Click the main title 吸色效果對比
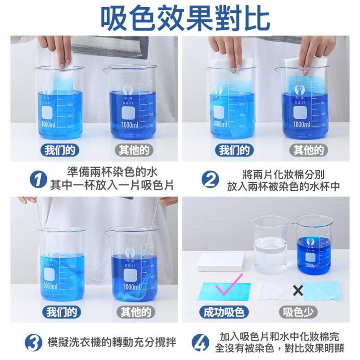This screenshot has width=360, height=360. point(180,18)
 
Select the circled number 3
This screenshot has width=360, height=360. point(33,343)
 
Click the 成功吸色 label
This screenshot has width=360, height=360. point(224,312)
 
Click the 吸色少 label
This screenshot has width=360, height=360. point(298,312)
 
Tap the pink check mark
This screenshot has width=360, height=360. point(227,284)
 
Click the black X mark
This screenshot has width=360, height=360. point(297,290)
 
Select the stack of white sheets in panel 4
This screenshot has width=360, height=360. point(220,262)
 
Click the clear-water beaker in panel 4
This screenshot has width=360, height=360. point(269,245)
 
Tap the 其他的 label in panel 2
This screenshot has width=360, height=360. point(308,150)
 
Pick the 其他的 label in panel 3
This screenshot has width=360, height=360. point(133,312)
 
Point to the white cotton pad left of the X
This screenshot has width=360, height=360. point(275,291)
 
